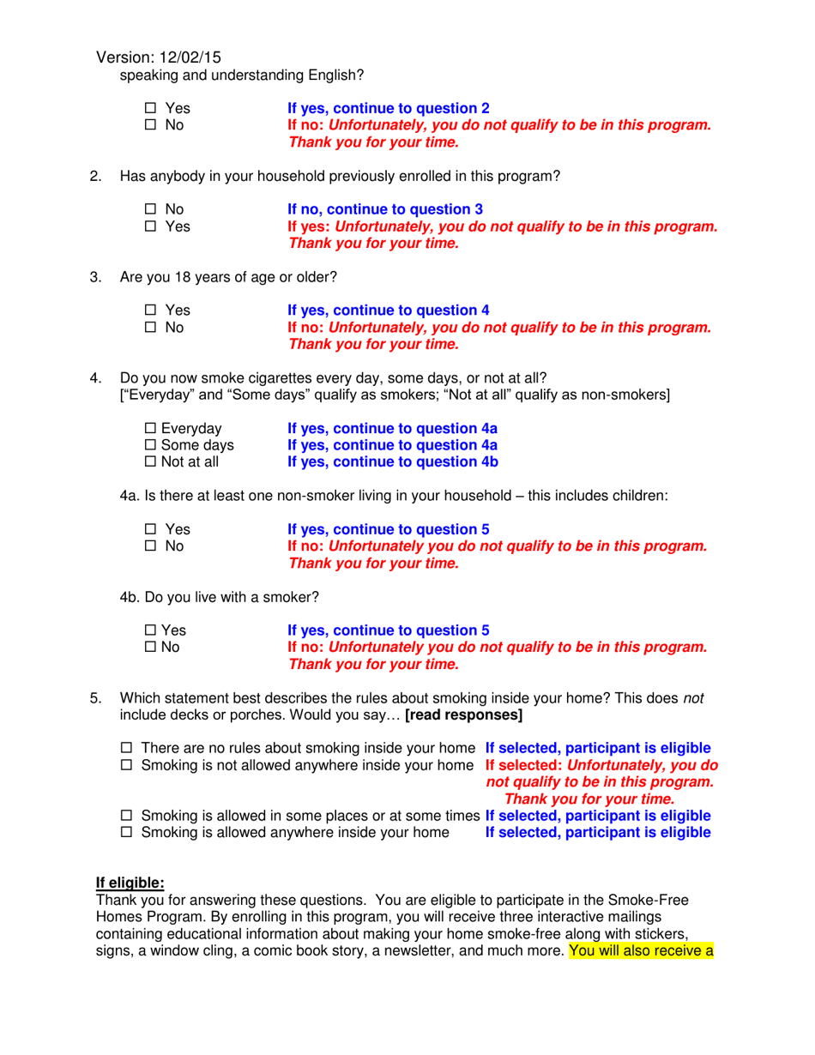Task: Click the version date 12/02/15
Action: (x=189, y=57)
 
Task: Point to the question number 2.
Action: (x=96, y=177)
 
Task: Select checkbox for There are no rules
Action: (x=125, y=749)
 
